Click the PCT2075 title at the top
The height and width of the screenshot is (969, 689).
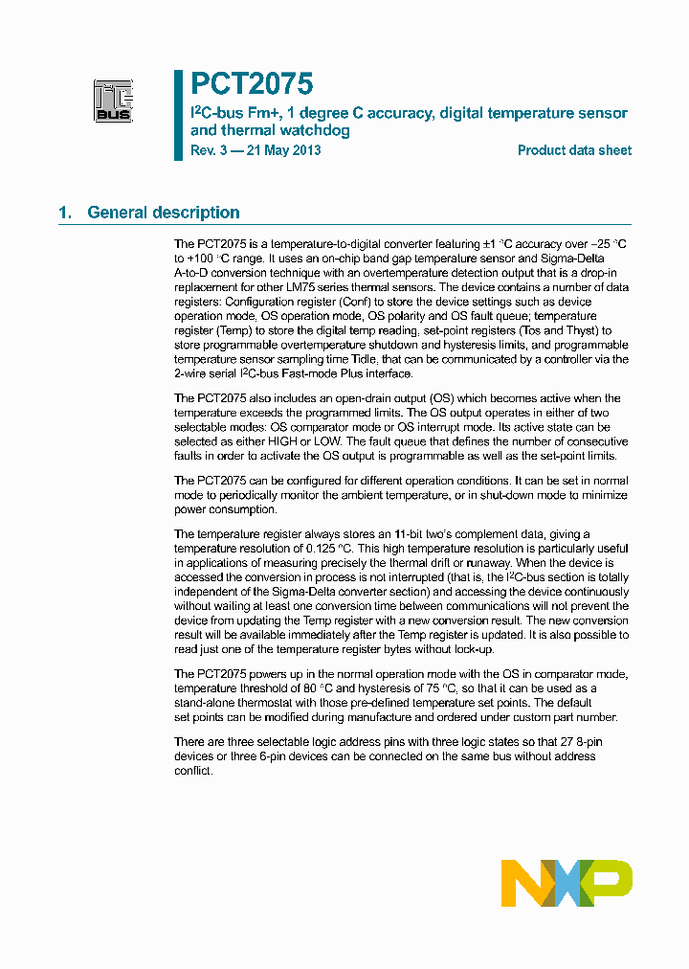251,84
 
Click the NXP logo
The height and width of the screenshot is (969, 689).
567,883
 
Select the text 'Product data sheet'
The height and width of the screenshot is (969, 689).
574,150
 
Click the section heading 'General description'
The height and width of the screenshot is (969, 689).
163,213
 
